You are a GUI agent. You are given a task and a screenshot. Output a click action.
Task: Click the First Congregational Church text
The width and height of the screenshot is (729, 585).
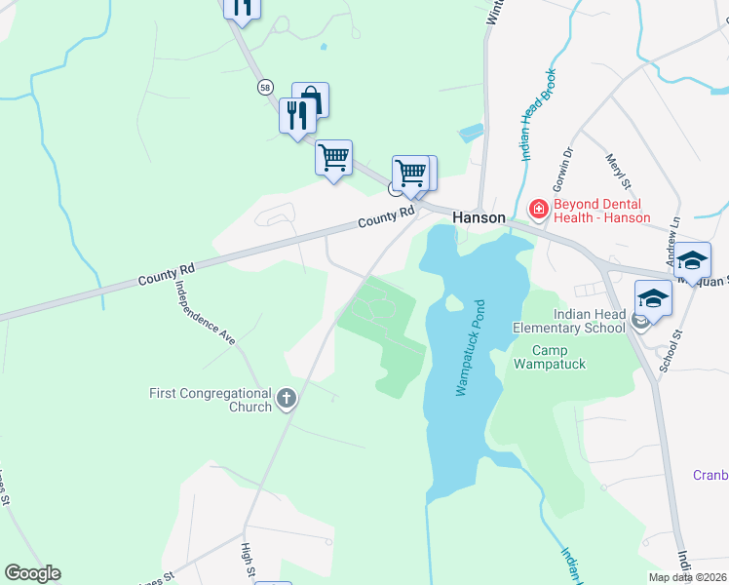coord(210,400)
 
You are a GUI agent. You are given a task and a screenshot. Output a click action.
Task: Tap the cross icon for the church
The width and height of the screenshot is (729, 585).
coord(286,397)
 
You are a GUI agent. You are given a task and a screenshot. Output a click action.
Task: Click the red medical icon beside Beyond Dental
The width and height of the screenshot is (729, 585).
coord(537,208)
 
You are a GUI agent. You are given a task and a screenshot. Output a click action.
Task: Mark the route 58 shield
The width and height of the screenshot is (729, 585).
coord(265,87)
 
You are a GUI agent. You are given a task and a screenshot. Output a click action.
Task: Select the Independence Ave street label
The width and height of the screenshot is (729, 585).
coord(206,312)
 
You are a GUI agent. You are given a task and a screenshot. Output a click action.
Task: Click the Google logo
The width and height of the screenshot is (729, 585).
coord(32,573)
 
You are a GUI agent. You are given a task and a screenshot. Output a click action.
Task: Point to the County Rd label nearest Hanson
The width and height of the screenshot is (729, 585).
coord(386,216)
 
